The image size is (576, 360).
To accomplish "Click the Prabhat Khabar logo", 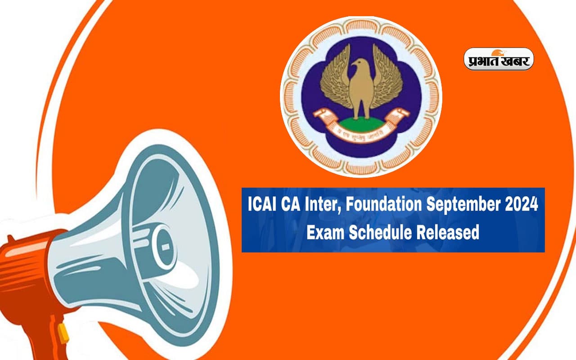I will (499, 59).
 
